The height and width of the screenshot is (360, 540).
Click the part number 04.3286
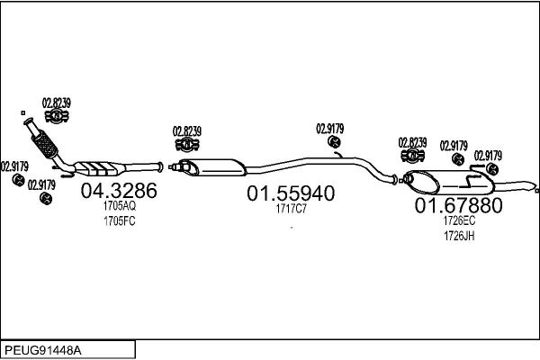(x=119, y=191)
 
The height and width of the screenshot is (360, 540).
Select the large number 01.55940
(x=291, y=193)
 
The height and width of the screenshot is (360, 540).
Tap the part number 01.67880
(x=458, y=206)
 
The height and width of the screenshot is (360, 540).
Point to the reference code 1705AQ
(x=120, y=206)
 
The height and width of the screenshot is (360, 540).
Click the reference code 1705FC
(x=120, y=221)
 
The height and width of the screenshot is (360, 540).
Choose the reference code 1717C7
(x=291, y=209)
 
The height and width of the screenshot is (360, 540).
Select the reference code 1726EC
(x=459, y=220)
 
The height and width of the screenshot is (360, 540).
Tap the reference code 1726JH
(x=459, y=236)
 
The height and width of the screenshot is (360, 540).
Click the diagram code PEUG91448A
(x=43, y=350)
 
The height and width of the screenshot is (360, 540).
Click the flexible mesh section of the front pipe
(x=44, y=144)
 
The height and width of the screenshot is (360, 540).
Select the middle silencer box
(x=212, y=167)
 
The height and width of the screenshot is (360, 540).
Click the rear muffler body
(x=449, y=182)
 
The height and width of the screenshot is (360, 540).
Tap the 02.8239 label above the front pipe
(x=57, y=103)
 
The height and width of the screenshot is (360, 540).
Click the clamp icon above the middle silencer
(x=187, y=144)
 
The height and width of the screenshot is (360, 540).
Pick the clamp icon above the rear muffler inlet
(x=412, y=156)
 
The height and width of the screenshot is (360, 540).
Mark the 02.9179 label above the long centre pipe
(x=330, y=129)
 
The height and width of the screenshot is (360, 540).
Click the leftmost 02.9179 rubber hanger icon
(x=18, y=180)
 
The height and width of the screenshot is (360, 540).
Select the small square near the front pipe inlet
(x=23, y=113)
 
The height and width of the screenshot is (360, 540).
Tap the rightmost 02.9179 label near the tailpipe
(x=488, y=156)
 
